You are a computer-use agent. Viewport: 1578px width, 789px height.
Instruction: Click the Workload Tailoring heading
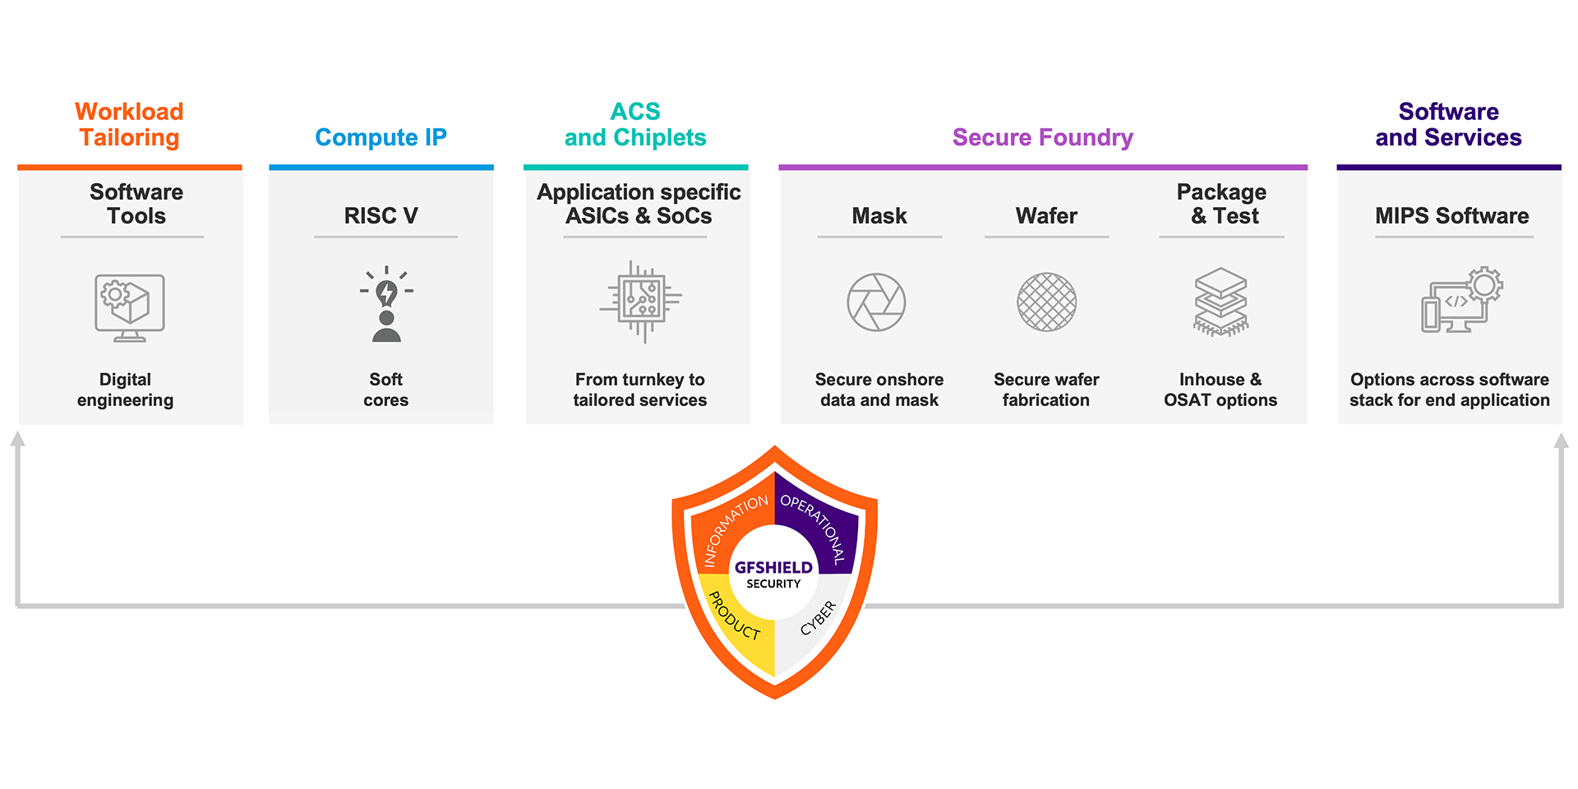point(129,124)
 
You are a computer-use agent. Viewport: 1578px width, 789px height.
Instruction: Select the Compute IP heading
point(381,137)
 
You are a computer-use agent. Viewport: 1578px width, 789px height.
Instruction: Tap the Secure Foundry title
point(1042,137)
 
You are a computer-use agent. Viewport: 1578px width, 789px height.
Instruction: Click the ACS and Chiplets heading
point(635,124)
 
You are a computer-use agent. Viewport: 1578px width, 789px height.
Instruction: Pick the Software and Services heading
point(1448,124)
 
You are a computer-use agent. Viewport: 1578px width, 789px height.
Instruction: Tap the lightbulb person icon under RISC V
point(386,304)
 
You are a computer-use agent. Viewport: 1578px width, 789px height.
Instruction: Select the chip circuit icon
point(640,302)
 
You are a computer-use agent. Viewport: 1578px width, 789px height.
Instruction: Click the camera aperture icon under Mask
point(876,302)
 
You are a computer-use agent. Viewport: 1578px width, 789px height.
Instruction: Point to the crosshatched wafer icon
point(1046,302)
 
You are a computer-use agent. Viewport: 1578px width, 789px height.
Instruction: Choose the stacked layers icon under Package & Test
point(1220,302)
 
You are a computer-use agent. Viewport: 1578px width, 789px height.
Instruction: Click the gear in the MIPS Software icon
point(1484,285)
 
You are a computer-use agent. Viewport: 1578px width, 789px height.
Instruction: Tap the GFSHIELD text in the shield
point(773,567)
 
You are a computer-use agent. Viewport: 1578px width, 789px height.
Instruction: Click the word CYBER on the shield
point(819,618)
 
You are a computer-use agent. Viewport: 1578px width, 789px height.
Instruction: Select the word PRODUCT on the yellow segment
point(734,616)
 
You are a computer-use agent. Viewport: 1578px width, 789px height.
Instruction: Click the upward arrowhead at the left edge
point(17,439)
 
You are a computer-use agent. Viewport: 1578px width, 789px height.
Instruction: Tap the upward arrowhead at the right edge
point(1561,441)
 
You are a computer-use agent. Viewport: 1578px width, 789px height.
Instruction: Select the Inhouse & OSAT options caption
point(1220,390)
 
